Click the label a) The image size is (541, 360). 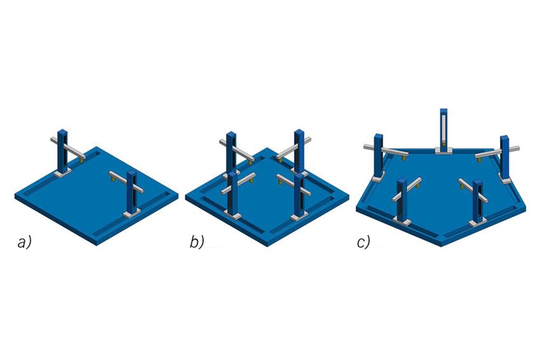24,242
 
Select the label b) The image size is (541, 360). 197,242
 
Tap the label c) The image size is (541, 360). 363,242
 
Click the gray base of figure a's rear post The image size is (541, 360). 62,172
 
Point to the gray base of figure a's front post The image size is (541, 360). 132,214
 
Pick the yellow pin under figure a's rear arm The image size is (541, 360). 81,160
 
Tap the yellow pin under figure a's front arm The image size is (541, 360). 112,179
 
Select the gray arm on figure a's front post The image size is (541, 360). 126,181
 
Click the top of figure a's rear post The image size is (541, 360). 62,132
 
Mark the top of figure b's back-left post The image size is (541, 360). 231,134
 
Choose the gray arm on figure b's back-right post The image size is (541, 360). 293,148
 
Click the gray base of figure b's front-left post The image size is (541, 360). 232,215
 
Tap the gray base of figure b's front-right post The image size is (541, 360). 299,216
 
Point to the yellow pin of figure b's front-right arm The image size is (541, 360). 280,180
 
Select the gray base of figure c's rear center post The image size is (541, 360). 444,150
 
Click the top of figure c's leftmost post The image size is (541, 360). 379,135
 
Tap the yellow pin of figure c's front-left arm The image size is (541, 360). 418,185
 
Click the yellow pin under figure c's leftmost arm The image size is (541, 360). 404,157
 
